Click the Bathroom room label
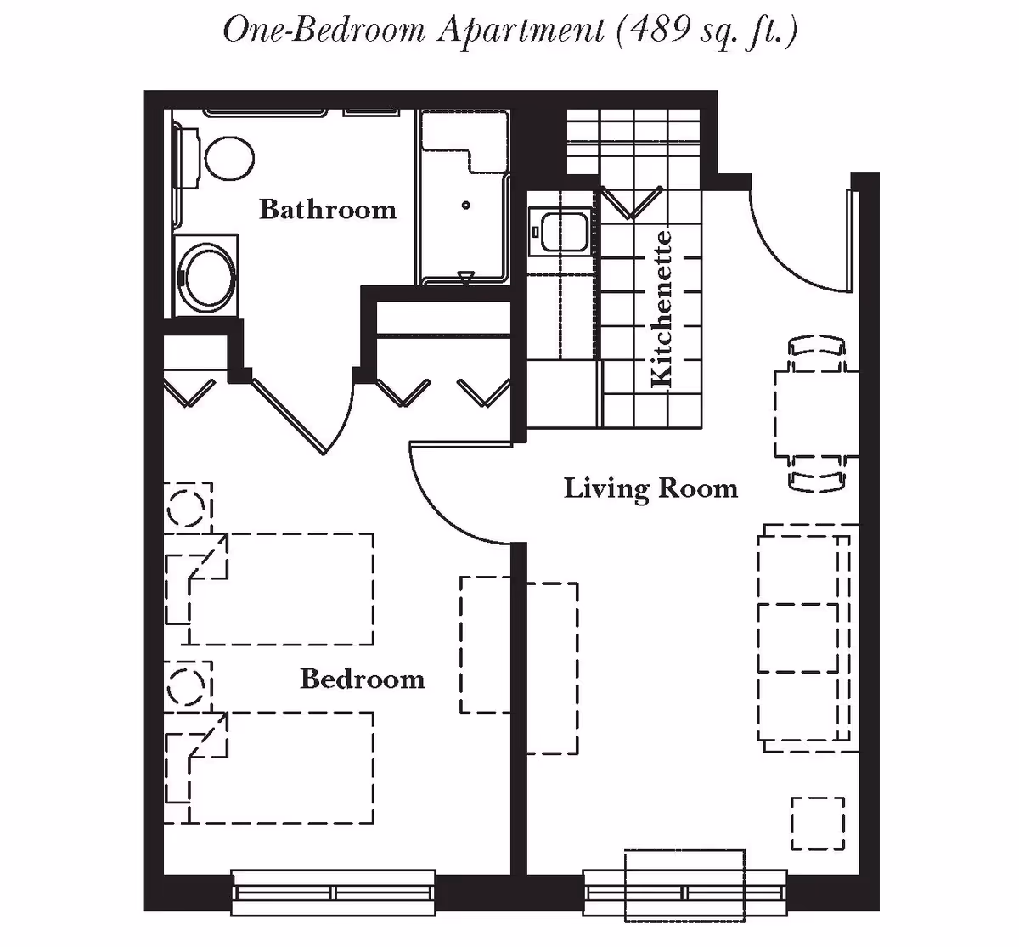327,209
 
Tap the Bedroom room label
362,679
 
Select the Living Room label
650,488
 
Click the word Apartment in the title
520,31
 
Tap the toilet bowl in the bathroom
229,159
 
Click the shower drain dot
466,206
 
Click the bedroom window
334,892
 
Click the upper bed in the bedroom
280,589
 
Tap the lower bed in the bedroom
280,768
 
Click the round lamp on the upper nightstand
186,508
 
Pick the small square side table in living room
818,823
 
